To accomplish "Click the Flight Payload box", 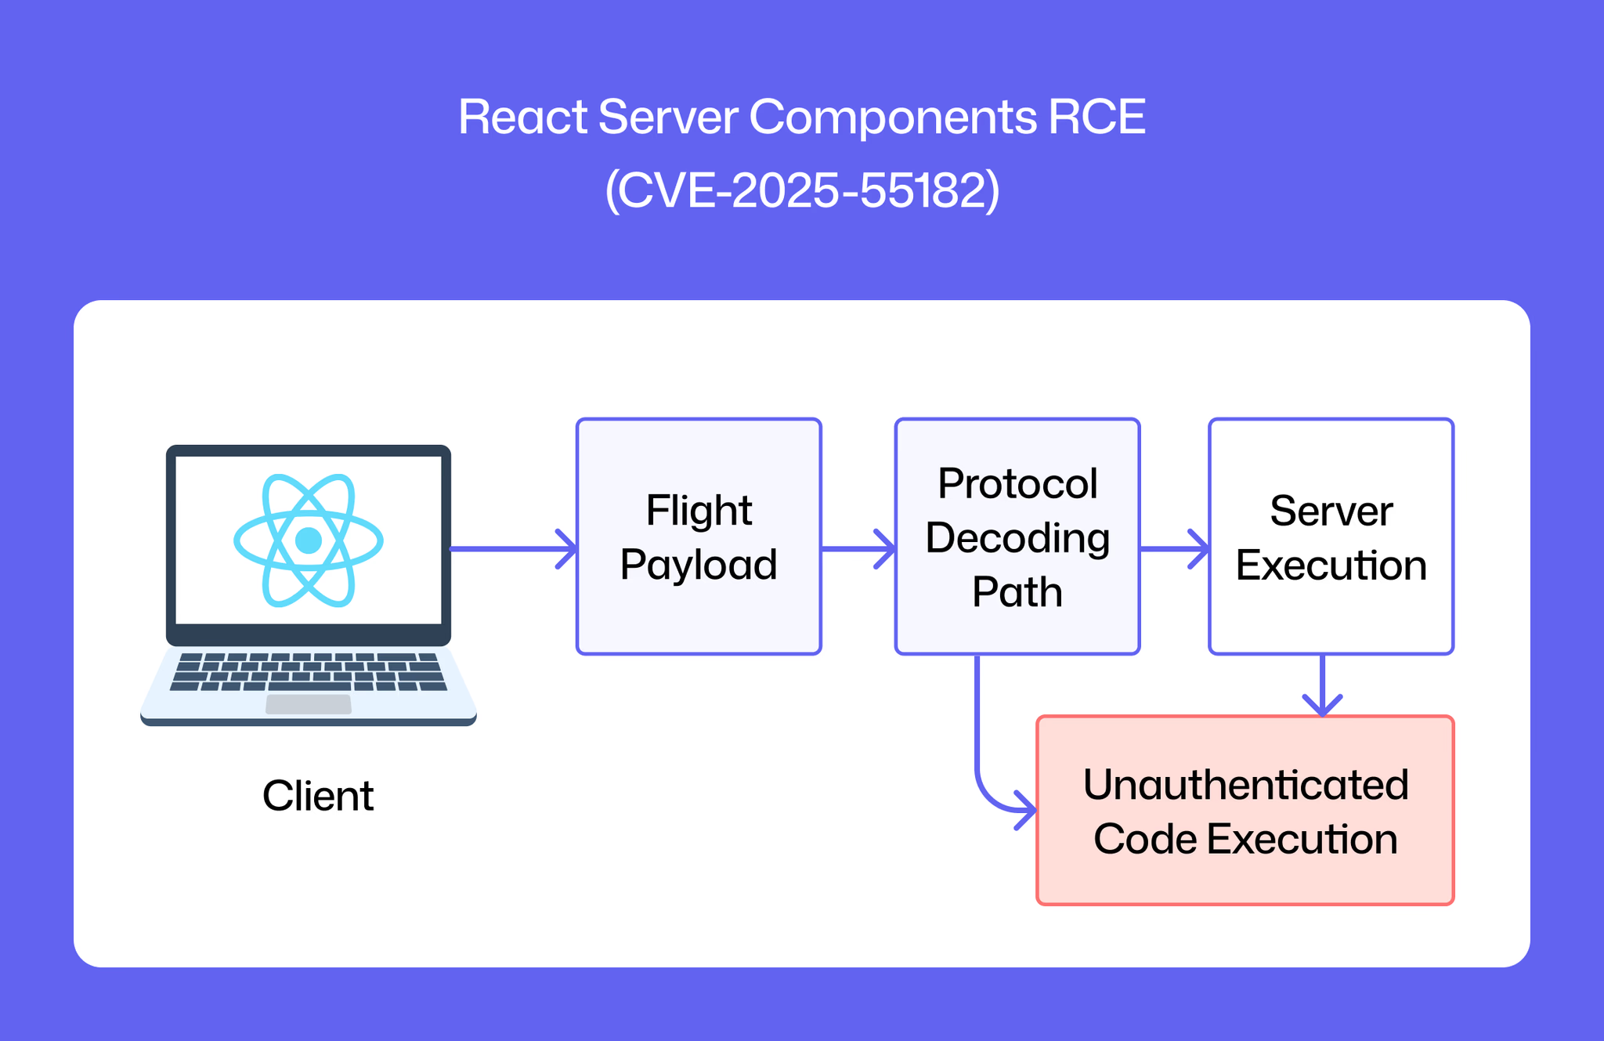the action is coord(699,537).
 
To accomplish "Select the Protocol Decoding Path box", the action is coord(1017,537).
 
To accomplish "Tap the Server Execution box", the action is coord(1331,537).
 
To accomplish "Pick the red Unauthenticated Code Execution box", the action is coord(1245,811).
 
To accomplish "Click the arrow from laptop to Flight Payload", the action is coord(513,548).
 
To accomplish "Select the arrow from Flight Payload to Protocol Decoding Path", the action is coord(858,548).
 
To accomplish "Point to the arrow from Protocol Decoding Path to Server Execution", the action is coord(1174,548).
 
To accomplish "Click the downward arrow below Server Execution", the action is coord(1323,685).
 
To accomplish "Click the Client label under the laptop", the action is coord(318,796).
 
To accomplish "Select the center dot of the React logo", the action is coord(309,540).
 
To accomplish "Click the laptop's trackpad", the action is coord(309,704).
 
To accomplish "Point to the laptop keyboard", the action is coord(309,672).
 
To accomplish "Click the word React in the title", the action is coord(522,117).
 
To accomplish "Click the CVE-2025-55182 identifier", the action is coord(802,190).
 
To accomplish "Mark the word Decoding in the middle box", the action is coord(1017,540).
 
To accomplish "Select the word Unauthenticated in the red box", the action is coord(1245,784).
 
